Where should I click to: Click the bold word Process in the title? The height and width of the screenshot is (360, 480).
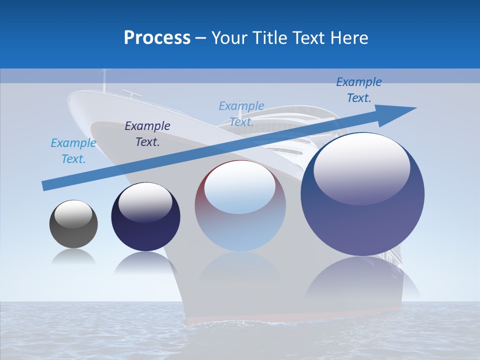157,38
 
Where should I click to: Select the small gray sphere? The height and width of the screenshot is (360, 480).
73,224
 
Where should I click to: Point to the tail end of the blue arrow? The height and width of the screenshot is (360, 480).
45,185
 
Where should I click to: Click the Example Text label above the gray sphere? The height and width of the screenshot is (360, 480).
73,151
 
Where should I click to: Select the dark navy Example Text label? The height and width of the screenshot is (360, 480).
147,134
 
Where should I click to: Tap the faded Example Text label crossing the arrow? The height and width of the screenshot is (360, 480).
241,114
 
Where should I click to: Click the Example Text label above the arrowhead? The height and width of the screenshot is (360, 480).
359,90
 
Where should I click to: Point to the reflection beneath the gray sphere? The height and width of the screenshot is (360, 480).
73,257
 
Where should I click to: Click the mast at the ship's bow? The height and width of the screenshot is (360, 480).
104,80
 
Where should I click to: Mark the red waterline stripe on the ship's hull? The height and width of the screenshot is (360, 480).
295,315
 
